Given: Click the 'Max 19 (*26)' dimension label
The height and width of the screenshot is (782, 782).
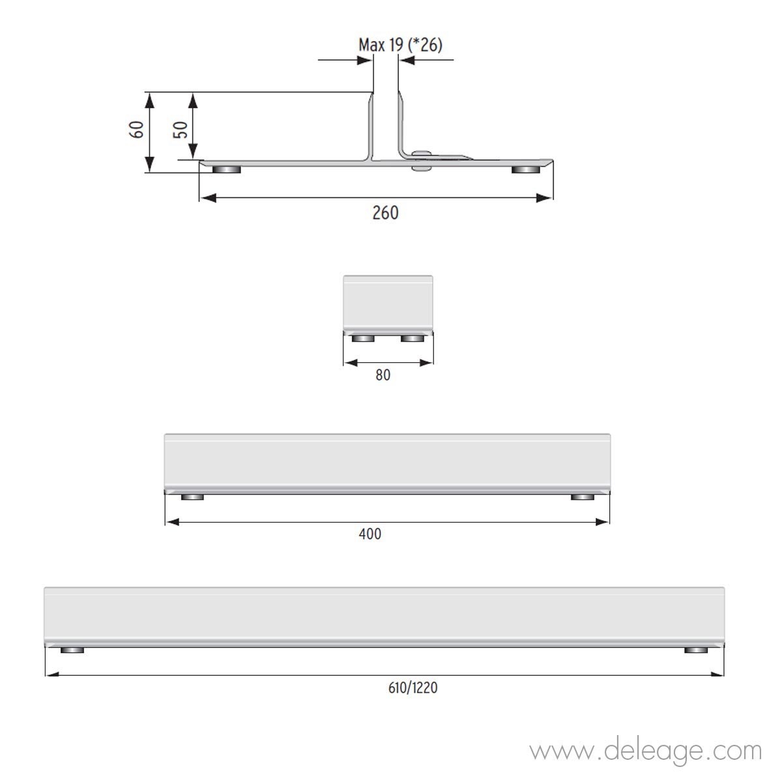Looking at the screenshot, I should pos(401,44).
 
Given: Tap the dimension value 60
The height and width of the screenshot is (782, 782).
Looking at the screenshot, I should pos(137,129).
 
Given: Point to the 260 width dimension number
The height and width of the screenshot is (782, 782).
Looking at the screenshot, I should pos(385,212).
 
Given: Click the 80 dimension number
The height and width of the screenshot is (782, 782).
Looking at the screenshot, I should pos(383,375).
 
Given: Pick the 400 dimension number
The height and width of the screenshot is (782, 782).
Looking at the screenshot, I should pos(370,534).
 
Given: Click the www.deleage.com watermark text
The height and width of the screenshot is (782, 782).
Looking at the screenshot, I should pos(645,751).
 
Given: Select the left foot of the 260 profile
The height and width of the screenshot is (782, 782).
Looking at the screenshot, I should pos(227,170).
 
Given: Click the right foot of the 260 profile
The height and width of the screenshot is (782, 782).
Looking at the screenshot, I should pos(525,170).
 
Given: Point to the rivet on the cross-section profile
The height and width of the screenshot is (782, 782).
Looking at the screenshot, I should pos(422,160).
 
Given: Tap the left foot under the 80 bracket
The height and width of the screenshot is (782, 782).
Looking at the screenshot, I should pos(363,338).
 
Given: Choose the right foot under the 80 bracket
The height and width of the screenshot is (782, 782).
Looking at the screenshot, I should pos(413,338).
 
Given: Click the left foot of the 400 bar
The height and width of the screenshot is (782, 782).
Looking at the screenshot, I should pos(192,497).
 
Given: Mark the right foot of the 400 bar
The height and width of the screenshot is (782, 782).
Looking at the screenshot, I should pos(583,497).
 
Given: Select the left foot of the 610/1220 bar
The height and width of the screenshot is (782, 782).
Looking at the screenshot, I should pos(72,650).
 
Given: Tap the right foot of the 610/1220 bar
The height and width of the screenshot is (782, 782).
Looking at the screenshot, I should pos(697,650).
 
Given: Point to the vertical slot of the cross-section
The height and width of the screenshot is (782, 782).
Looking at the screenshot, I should pos(386,124).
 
